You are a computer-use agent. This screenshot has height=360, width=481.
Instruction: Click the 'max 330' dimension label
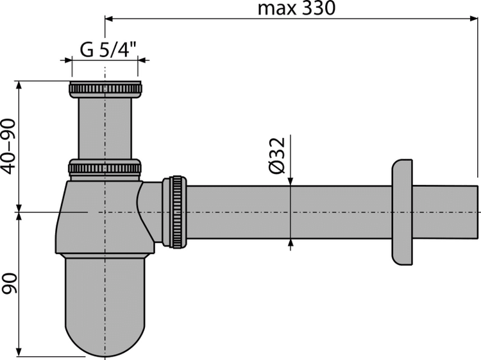(x=296, y=8)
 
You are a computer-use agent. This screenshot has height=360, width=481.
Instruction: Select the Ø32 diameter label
(x=277, y=155)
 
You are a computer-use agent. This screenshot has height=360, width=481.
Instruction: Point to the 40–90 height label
(x=8, y=146)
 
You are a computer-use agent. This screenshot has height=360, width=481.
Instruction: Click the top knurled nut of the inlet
(x=105, y=89)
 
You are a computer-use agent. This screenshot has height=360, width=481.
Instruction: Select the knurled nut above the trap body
(x=105, y=169)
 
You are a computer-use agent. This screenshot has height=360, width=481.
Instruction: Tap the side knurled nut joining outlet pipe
(x=174, y=212)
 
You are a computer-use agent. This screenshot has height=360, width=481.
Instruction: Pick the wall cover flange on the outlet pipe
(x=402, y=212)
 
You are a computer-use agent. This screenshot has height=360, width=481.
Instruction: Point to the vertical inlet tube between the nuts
(x=105, y=128)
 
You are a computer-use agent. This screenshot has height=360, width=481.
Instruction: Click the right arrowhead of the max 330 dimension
(x=474, y=19)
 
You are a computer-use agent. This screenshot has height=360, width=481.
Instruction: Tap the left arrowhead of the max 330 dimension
(x=110, y=19)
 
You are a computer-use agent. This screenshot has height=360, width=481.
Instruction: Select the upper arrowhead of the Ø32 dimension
(x=291, y=182)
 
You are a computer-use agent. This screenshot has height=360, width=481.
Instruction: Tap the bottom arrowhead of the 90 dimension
(x=19, y=352)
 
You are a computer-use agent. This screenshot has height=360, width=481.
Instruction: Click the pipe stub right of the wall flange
(x=445, y=212)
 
